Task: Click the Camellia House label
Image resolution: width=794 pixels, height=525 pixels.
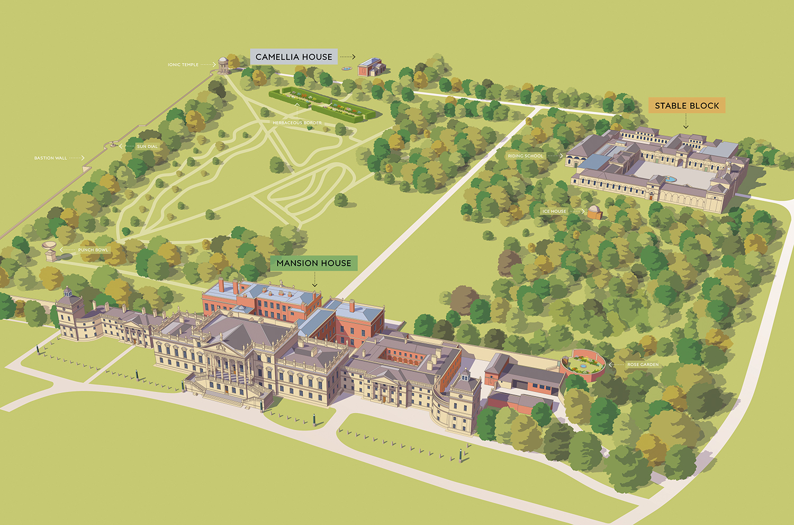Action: [x=294, y=57]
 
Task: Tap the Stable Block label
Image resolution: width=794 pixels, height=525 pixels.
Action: [x=687, y=105]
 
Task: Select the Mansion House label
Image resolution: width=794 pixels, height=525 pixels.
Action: [x=313, y=263]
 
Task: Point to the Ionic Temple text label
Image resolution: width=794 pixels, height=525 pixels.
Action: [x=183, y=65]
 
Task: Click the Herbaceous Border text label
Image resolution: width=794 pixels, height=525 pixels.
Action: [x=297, y=123]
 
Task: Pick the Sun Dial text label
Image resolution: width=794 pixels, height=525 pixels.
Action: [x=147, y=147]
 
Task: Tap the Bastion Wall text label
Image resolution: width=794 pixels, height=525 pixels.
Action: [x=51, y=158]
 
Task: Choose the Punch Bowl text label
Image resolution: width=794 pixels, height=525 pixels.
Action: [x=93, y=250]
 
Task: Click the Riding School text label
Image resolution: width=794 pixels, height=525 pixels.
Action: [x=525, y=156]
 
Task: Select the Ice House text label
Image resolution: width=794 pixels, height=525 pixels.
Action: [x=554, y=211]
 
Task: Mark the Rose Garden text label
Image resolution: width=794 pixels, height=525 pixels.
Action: [x=643, y=365]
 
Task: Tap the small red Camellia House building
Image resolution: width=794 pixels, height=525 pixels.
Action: [x=371, y=68]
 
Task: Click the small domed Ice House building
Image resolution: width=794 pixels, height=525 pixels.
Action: [x=595, y=212]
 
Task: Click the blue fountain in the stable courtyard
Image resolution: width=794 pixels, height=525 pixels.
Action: [x=671, y=179]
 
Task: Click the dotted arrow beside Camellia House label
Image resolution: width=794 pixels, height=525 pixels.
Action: [x=347, y=57]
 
